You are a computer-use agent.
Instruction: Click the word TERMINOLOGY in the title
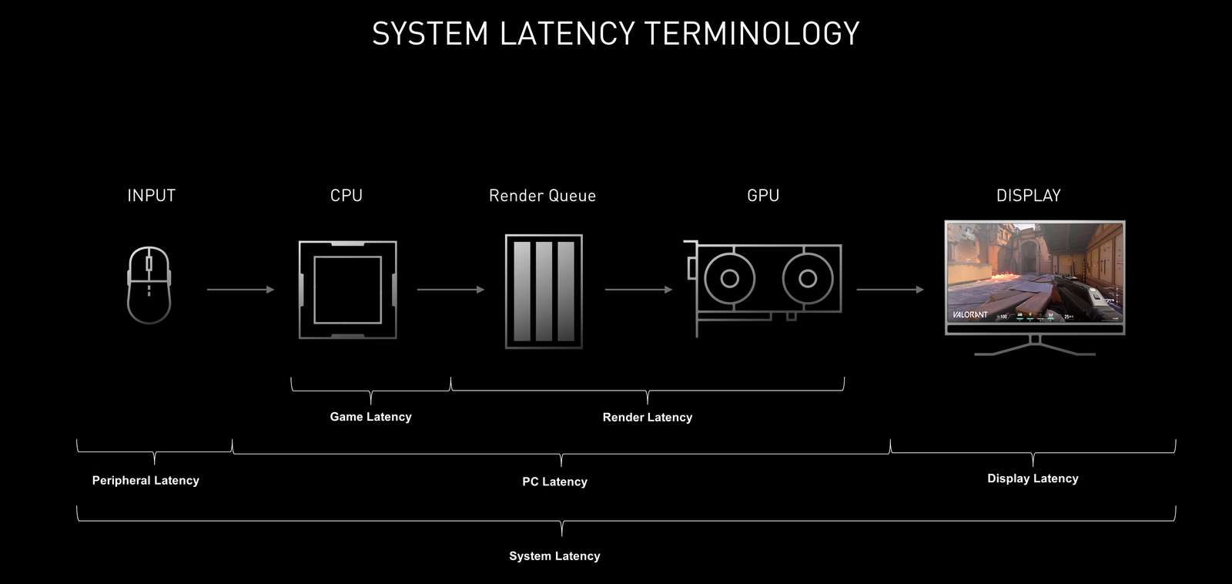[752, 34]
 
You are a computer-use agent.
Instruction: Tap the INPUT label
[152, 196]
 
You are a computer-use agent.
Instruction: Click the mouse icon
[149, 285]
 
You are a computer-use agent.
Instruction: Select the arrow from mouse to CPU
[240, 290]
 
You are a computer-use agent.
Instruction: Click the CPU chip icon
[348, 290]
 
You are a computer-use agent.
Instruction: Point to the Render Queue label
[542, 196]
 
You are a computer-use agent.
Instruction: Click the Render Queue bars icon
[544, 291]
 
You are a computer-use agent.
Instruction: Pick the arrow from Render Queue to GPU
[638, 290]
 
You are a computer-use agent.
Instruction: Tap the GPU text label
[763, 196]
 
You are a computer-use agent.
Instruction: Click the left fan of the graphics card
[729, 278]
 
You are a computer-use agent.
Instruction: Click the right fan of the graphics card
[808, 278]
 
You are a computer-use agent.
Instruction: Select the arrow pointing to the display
[890, 290]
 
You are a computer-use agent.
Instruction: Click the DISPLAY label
[1029, 196]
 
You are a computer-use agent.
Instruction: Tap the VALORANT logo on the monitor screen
[970, 314]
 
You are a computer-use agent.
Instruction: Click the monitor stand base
[1035, 351]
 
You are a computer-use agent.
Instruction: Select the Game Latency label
[370, 417]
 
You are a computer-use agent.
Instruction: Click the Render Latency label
[648, 418]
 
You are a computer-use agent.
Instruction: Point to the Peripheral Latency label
[146, 481]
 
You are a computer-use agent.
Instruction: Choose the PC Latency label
[554, 482]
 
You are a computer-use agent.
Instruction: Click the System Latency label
[554, 556]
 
